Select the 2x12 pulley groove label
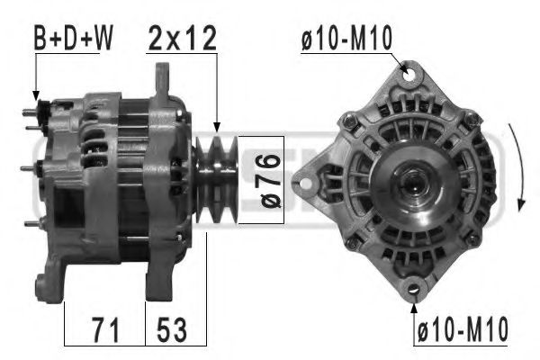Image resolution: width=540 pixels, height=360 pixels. [x=184, y=39]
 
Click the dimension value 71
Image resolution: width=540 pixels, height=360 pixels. [x=105, y=329]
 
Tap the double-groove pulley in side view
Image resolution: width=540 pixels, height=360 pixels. [x=216, y=176]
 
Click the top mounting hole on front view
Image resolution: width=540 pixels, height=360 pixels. [x=412, y=76]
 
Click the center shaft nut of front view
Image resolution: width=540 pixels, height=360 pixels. [x=415, y=184]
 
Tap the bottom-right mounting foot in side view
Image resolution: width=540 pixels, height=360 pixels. [x=162, y=283]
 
